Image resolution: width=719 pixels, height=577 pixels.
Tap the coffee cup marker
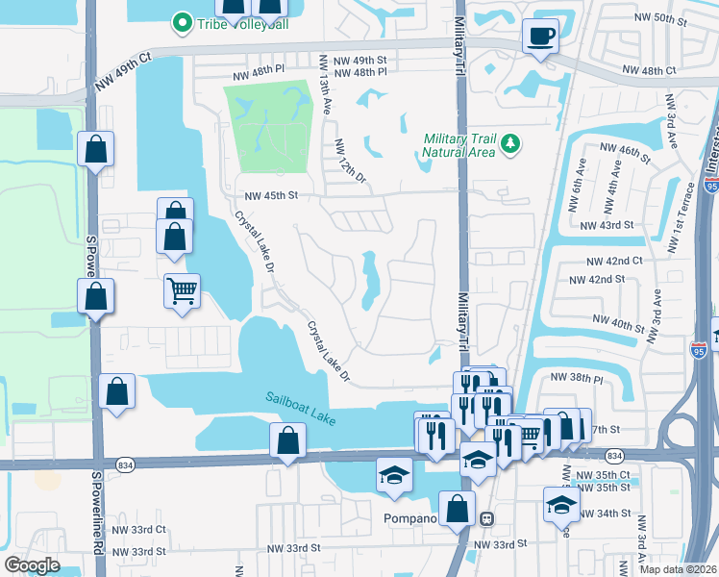coord(538,38)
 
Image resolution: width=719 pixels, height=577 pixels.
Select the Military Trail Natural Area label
coord(460,145)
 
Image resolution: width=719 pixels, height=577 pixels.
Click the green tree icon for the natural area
coord(511,145)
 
